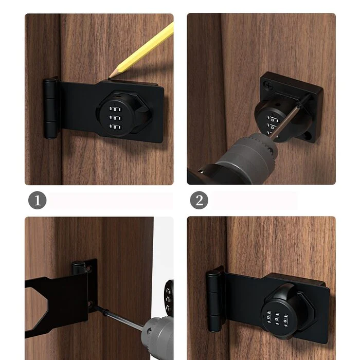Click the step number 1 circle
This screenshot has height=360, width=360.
[37, 200]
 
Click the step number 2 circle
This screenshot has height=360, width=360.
[199, 200]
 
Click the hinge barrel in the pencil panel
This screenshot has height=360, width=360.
[50, 109]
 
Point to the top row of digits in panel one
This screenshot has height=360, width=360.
[115, 109]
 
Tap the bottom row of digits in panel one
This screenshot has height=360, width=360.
[115, 127]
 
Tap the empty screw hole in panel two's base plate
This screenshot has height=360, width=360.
[308, 136]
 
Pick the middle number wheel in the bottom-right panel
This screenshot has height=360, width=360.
[277, 319]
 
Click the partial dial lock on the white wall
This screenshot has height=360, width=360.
[169, 296]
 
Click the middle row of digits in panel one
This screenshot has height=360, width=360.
[115, 118]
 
